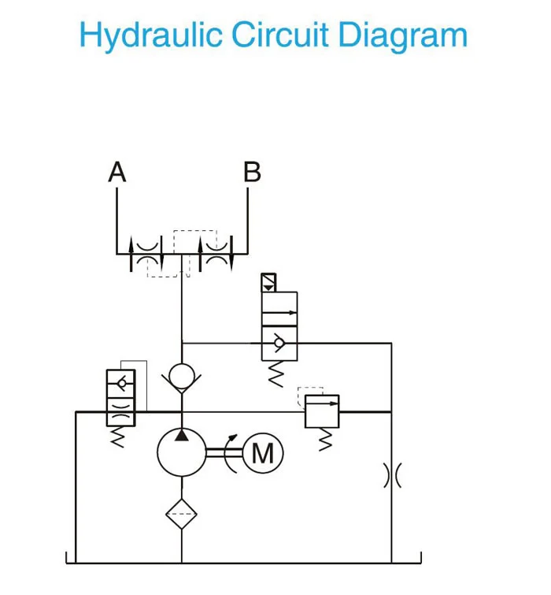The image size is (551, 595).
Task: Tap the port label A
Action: point(117,172)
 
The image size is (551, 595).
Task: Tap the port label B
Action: point(252,172)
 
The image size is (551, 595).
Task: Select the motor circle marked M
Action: point(262,454)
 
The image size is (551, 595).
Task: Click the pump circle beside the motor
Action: point(181,452)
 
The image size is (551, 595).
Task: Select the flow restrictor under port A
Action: point(146,253)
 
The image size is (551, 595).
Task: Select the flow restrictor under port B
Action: point(217,253)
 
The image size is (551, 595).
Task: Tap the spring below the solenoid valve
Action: point(275,375)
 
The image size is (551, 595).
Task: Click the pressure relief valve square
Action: point(322,411)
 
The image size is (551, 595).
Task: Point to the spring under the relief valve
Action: point(322,441)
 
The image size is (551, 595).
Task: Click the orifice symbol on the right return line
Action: point(391,476)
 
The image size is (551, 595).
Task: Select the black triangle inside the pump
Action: point(181,434)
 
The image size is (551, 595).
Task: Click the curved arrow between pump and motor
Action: point(232,453)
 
